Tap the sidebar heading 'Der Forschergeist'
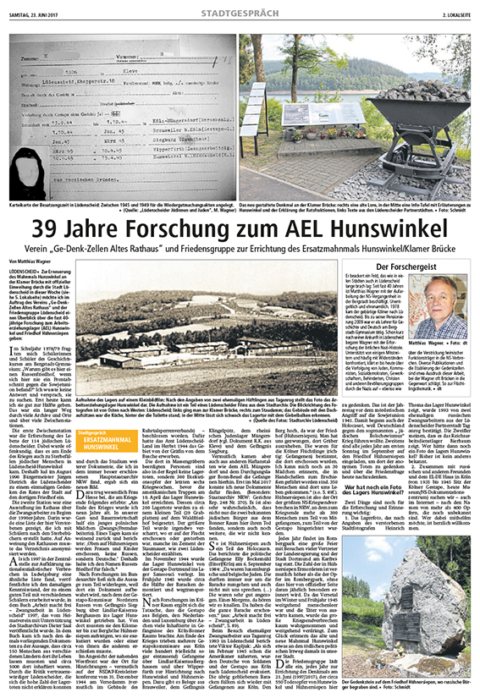(x=407, y=267)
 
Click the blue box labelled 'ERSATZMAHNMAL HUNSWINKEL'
(x=94, y=439)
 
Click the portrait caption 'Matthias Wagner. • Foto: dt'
(x=439, y=345)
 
